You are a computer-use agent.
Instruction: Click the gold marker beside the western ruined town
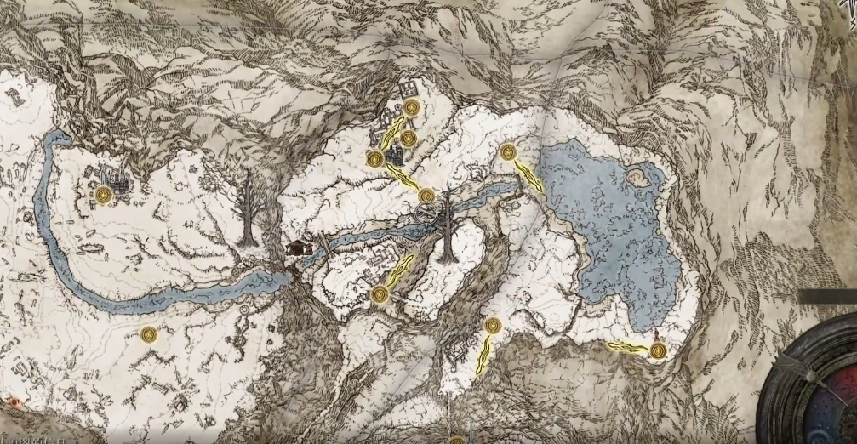105,195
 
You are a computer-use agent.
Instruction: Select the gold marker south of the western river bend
150,333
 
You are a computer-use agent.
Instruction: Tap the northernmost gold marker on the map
413,107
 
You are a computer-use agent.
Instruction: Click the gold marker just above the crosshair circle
426,196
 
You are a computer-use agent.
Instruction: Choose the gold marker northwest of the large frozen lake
509,152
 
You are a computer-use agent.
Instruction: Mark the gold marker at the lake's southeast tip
657,350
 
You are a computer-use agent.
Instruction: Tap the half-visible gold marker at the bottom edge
457,440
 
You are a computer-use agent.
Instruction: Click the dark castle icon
395,157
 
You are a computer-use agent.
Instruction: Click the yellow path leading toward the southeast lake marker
628,346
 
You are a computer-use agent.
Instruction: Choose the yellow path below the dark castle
403,176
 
